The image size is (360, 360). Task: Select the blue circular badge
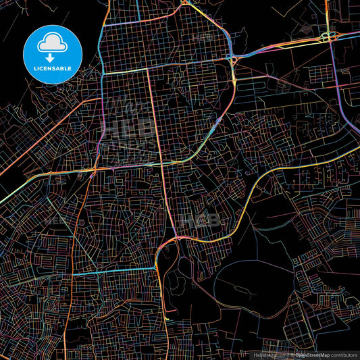[53, 54]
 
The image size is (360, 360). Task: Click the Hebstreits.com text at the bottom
[268, 355]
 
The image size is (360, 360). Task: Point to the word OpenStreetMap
[311, 355]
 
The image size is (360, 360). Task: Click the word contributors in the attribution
[343, 355]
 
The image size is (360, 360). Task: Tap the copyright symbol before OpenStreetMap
[292, 355]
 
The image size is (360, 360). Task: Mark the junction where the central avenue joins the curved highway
[175, 237]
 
